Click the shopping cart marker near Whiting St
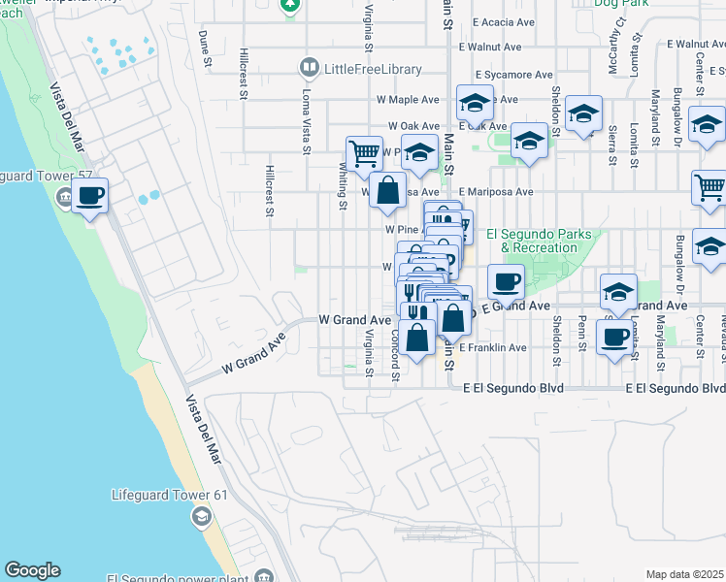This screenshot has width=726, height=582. point(364,152)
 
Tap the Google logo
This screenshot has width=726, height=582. point(32,570)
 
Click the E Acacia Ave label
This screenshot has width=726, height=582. point(502,21)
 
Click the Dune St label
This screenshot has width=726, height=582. point(205,48)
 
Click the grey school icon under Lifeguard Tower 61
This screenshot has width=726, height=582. point(201,516)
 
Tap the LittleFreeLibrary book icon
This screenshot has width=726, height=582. point(310,68)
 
